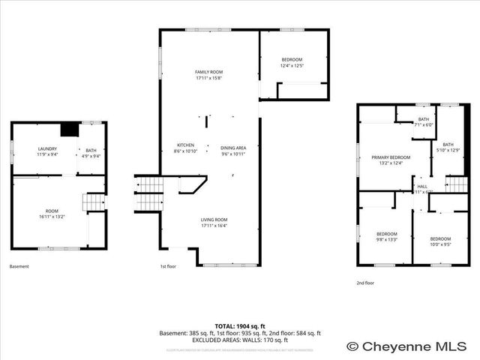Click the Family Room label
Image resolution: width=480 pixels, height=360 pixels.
pyautogui.click(x=209, y=71)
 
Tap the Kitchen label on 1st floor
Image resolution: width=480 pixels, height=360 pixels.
pyautogui.click(x=185, y=145)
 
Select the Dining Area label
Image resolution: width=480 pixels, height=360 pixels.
pyautogui.click(x=233, y=148)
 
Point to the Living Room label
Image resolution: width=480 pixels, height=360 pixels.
pyautogui.click(x=214, y=220)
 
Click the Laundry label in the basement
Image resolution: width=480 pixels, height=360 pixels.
pyautogui.click(x=47, y=149)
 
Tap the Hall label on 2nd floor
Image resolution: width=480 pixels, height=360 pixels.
pyautogui.click(x=422, y=187)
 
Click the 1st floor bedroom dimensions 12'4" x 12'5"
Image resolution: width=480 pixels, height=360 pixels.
pyautogui.click(x=292, y=66)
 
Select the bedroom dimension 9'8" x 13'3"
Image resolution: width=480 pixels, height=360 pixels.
pyautogui.click(x=386, y=239)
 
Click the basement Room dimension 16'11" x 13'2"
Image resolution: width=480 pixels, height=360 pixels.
pyautogui.click(x=52, y=216)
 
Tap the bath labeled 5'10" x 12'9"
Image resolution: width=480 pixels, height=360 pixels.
pyautogui.click(x=448, y=151)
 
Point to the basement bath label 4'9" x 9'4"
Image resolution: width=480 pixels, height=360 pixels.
pyautogui.click(x=91, y=156)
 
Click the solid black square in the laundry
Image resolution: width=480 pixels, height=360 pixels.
pyautogui.click(x=70, y=130)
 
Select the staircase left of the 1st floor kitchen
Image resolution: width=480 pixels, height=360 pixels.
pyautogui.click(x=148, y=193)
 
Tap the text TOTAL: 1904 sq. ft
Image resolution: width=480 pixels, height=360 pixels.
pyautogui.click(x=240, y=326)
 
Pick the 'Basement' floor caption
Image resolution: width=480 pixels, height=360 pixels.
pyautogui.click(x=19, y=266)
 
